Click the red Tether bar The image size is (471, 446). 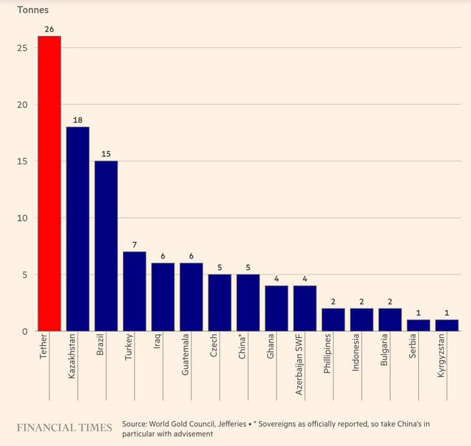coord(49,183)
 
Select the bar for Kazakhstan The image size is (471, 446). coord(77,229)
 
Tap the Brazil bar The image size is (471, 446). coord(106,246)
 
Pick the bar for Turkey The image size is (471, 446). coord(134,291)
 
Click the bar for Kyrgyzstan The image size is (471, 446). coord(447,325)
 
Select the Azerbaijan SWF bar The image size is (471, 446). coord(305,308)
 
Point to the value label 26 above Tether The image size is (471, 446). coord(49,29)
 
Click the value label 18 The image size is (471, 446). coord(77,119)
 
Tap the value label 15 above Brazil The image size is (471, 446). coord(106,153)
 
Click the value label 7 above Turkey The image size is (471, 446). coord(134,244)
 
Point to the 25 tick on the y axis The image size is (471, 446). coord(23,48)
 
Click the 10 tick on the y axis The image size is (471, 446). coord(23,218)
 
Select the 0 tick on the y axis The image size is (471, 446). coord(25,331)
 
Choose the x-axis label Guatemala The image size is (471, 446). coord(185,355)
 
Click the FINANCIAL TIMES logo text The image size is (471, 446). coord(65,428)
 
